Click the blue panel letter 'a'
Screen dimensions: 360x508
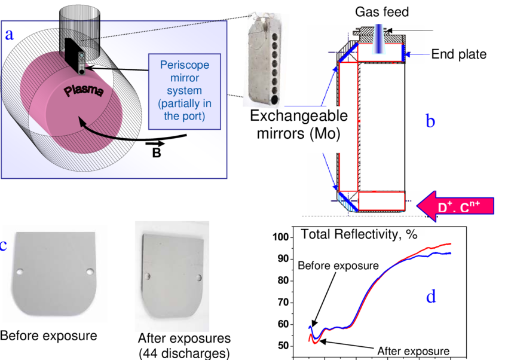tap(9, 35)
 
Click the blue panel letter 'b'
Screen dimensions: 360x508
tap(430, 121)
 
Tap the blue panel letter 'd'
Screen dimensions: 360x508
tap(430, 296)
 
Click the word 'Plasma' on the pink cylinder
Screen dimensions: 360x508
tap(84, 94)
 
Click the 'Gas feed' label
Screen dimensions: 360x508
tap(381, 12)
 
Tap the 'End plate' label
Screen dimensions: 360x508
tap(458, 54)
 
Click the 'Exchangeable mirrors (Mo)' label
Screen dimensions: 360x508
tap(295, 124)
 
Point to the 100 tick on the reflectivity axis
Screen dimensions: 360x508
tap(280, 237)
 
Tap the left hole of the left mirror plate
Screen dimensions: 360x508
tap(20, 272)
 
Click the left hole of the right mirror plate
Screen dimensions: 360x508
tap(147, 276)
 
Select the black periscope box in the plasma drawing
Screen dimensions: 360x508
tap(76, 56)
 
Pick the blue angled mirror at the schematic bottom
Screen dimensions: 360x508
tap(347, 202)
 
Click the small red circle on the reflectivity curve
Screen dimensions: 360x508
tap(429, 249)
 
